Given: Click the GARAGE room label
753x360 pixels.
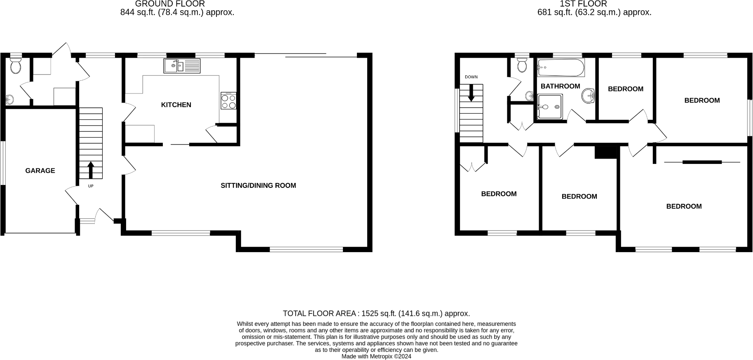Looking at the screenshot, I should (x=40, y=171).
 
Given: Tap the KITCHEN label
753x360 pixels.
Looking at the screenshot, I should (x=176, y=105).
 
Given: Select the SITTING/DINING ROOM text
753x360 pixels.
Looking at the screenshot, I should (x=258, y=185).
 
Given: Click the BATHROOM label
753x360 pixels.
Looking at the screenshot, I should (x=560, y=86).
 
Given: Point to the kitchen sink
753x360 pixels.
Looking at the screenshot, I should (x=182, y=66).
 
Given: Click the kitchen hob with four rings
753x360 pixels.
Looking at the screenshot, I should (x=229, y=101).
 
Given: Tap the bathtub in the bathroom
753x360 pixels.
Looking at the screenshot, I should (x=561, y=68).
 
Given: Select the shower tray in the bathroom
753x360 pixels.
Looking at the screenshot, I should (x=550, y=107).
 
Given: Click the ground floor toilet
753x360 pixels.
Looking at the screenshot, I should (x=16, y=66).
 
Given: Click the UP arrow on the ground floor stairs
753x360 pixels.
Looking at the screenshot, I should (x=91, y=170).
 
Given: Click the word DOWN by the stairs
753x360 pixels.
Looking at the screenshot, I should (x=471, y=77).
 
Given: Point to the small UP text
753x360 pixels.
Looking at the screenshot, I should (x=91, y=186).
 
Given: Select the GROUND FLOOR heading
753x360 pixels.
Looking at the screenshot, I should (x=170, y=4).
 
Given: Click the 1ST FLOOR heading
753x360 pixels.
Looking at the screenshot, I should (x=583, y=4).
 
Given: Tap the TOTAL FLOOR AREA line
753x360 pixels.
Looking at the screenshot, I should (x=376, y=313).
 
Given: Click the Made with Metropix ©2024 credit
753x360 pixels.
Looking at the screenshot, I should (x=376, y=357).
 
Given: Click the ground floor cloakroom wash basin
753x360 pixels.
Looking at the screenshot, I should (x=10, y=99).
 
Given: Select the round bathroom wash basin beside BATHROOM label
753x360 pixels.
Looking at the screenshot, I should (x=589, y=96).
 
